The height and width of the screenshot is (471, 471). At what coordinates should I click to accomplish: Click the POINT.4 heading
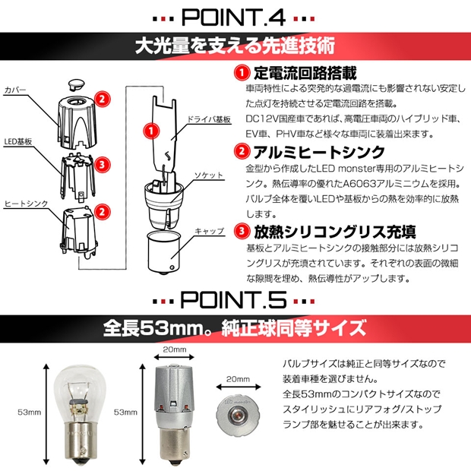(234, 17)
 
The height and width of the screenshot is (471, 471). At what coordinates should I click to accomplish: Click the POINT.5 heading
(233, 299)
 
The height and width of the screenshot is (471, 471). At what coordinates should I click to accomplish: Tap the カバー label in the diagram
(15, 90)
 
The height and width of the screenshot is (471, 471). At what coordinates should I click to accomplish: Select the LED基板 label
(18, 142)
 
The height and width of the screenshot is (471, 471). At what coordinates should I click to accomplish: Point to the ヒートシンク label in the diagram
(26, 204)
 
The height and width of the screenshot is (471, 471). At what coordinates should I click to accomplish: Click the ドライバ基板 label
(209, 119)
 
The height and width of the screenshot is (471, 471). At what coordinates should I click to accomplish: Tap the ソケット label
(209, 175)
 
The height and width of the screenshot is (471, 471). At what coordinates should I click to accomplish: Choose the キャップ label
(210, 231)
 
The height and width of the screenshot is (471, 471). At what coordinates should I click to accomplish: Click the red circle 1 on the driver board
(151, 131)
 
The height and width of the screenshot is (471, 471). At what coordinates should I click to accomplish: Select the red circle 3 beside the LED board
(102, 165)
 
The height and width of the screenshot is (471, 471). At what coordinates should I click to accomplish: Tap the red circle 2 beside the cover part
(102, 99)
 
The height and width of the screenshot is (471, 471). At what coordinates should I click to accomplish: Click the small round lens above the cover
(76, 84)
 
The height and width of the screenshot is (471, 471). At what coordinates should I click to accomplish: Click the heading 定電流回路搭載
(305, 73)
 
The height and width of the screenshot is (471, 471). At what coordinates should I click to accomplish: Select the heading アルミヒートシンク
(319, 152)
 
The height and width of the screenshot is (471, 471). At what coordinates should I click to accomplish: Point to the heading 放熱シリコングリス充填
(335, 232)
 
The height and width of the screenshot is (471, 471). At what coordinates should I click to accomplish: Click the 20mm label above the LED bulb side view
(175, 349)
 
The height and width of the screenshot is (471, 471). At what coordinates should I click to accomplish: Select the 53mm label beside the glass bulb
(29, 412)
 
